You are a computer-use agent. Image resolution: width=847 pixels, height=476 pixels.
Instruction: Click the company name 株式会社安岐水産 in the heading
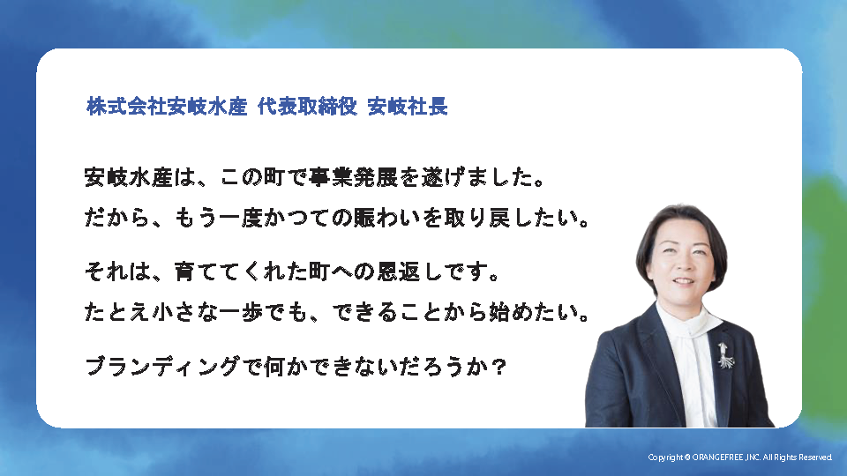point(167,107)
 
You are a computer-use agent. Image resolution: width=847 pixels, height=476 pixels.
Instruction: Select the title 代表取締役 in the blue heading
point(307,107)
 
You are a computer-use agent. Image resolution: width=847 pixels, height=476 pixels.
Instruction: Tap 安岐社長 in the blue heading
point(408,107)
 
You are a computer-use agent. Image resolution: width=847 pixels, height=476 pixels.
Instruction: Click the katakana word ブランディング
point(162,367)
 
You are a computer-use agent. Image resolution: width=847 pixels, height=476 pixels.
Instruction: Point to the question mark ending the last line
point(499,368)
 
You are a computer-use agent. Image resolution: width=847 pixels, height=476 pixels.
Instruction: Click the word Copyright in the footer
point(665,457)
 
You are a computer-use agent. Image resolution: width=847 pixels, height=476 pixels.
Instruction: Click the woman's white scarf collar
point(687,323)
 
